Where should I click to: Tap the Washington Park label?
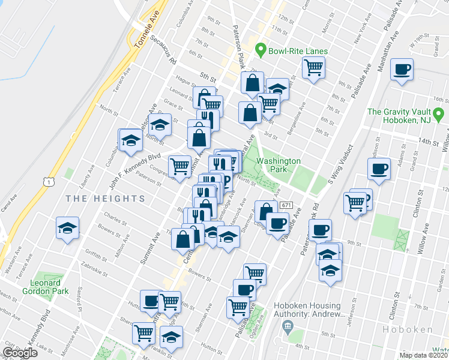[278, 166]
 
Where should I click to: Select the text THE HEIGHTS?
[105, 198]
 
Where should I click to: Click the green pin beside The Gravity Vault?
[439, 113]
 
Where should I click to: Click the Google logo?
[19, 353]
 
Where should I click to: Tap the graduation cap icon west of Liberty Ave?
[67, 228]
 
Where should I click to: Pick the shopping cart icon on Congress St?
[179, 166]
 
